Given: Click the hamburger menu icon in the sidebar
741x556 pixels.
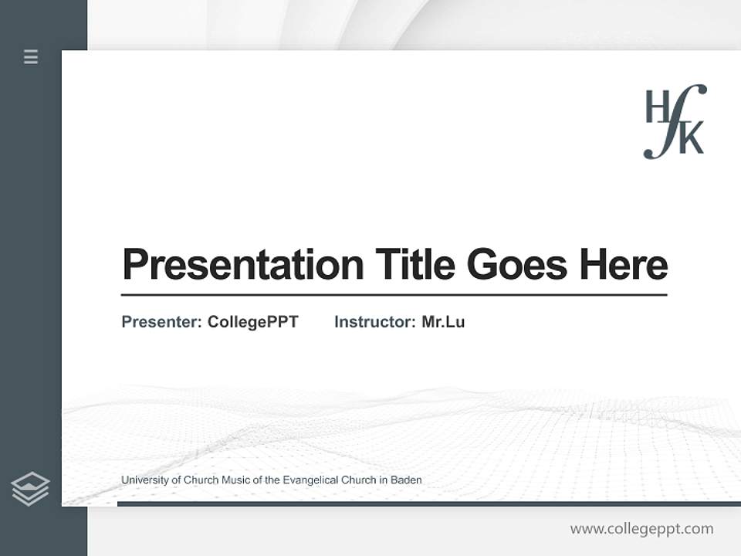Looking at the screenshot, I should tap(31, 56).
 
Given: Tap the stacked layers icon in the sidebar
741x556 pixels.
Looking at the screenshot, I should tap(30, 489).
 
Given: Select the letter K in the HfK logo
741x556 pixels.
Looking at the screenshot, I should tap(692, 140).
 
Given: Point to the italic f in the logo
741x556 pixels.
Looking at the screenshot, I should tap(675, 121).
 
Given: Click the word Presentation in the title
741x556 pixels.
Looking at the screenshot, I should tap(242, 265).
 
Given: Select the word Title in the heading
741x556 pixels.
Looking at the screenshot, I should tap(415, 265).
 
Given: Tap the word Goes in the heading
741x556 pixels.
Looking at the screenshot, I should tap(517, 265).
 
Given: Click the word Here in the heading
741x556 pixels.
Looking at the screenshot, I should tap(624, 265).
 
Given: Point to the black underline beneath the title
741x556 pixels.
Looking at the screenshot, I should tap(394, 294).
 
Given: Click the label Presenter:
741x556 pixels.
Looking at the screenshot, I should tap(162, 322).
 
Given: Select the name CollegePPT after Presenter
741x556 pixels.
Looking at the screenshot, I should tap(253, 322).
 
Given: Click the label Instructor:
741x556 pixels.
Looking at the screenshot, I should tap(375, 322).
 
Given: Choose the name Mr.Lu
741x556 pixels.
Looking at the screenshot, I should tap(443, 322).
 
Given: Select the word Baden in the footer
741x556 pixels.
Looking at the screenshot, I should tap(406, 480).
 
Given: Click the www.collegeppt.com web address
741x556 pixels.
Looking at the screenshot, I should tap(641, 529).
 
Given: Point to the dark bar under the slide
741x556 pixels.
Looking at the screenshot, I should tap(428, 503).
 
